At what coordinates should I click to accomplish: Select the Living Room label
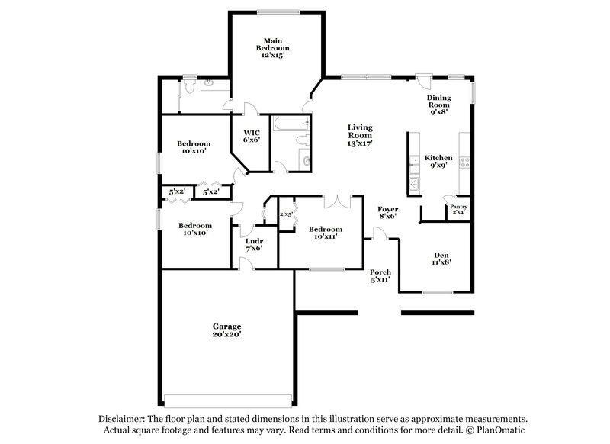359,135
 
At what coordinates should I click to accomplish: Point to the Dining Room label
438,103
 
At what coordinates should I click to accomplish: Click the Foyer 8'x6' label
388,212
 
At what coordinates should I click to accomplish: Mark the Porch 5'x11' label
380,276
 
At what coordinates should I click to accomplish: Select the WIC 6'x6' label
252,135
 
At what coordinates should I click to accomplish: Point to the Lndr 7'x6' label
254,244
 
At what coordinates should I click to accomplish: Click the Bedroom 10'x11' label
325,233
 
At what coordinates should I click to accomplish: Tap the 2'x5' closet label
287,214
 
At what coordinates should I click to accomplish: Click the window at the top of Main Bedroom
278,11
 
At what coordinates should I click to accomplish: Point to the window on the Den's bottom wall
438,292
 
